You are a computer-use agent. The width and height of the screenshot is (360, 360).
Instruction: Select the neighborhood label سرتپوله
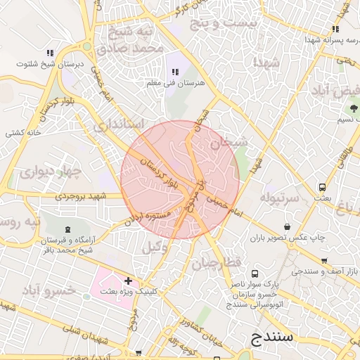pyautogui.click(x=280, y=198)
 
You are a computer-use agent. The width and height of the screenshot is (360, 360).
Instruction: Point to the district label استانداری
pyautogui.click(x=119, y=125)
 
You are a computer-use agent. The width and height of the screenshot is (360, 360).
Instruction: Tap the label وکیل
pyautogui.click(x=155, y=247)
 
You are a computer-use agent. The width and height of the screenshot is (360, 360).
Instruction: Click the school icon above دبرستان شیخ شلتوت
pyautogui.click(x=50, y=53)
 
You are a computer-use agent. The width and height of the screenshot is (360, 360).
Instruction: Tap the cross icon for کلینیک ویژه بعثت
pyautogui.click(x=127, y=281)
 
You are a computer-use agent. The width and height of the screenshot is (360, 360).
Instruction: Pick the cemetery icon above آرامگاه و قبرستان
pyautogui.click(x=67, y=230)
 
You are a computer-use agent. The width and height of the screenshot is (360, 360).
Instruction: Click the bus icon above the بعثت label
pyautogui.click(x=322, y=188)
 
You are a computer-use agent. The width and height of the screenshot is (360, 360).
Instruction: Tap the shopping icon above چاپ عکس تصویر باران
pyautogui.click(x=288, y=226)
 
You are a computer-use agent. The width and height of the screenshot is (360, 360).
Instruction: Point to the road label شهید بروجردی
pyautogui.click(x=79, y=196)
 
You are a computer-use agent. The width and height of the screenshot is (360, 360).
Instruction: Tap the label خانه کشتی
pyautogui.click(x=25, y=132)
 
